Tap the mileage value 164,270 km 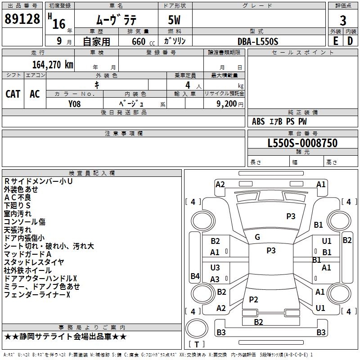53,65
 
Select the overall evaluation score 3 343,21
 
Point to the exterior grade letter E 335,40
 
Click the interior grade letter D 350,40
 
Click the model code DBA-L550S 258,41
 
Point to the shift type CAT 13,94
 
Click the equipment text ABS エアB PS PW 279,121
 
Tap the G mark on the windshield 257,237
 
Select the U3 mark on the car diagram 215,268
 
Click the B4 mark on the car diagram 195,276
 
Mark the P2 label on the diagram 253,299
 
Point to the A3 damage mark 215,279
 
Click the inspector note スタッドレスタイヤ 34,262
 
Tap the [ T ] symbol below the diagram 196,344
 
